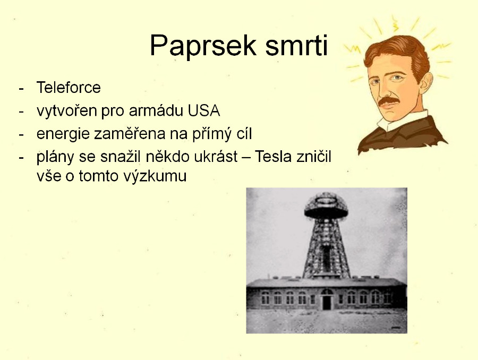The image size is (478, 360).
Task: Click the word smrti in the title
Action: (296, 45)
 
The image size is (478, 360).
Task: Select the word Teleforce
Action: (69, 88)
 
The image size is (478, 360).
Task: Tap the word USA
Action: (203, 110)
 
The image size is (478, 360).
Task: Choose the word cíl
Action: (243, 134)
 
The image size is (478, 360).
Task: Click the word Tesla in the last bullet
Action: (273, 157)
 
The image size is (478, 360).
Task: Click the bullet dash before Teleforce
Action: (21, 89)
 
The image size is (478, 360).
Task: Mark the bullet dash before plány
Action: (21, 158)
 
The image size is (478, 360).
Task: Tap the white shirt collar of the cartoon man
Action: (402, 120)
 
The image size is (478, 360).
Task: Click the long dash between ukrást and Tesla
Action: (246, 158)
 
